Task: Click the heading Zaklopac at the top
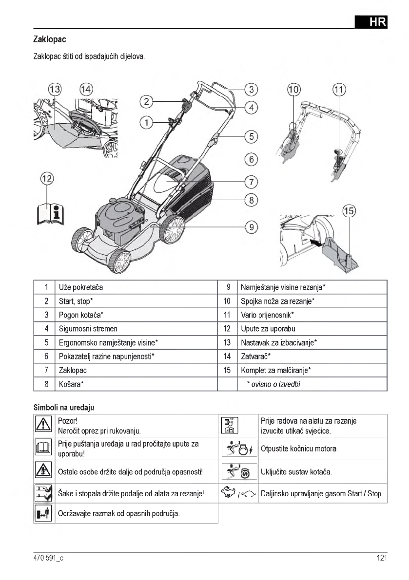50,38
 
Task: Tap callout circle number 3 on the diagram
251,90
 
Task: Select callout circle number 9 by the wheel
251,226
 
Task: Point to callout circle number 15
349,211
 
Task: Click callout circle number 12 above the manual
47,179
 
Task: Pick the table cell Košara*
71,384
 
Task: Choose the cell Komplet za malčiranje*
276,371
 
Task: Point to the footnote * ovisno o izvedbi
273,384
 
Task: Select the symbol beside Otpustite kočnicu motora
239,448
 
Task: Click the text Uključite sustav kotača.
296,471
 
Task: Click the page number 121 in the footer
381,558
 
